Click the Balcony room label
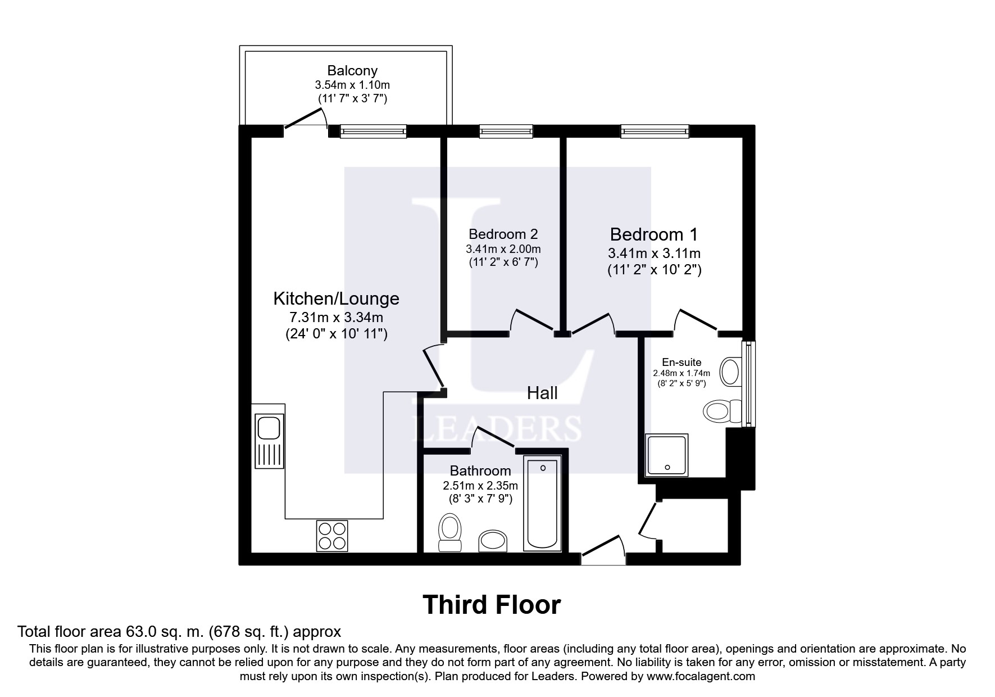click(x=352, y=71)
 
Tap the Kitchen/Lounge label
click(x=336, y=298)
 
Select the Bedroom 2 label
click(x=503, y=234)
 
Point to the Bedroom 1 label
click(x=654, y=234)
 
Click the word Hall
click(x=542, y=393)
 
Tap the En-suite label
click(x=681, y=363)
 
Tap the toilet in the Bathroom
click(x=450, y=532)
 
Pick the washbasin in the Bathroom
click(x=493, y=541)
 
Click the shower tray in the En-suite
click(x=667, y=455)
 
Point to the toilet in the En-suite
click(x=723, y=411)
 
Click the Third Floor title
click(x=492, y=605)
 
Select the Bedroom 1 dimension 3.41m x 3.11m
click(x=654, y=254)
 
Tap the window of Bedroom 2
click(x=506, y=132)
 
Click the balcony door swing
click(x=306, y=120)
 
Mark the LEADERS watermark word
click(x=497, y=429)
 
